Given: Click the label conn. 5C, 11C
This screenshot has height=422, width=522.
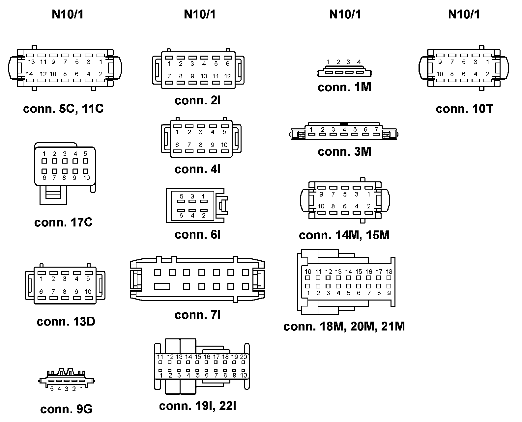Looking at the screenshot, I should click(x=63, y=109).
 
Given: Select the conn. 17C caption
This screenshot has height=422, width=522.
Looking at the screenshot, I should click(x=63, y=223).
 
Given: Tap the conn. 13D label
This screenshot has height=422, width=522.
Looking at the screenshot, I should click(x=66, y=322).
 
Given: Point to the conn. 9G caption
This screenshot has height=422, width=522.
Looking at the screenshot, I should click(x=66, y=409).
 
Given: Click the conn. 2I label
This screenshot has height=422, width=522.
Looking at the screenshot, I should click(x=198, y=100).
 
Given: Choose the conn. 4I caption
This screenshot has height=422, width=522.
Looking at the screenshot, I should click(x=198, y=169).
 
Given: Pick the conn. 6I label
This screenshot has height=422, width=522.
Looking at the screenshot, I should click(x=198, y=235).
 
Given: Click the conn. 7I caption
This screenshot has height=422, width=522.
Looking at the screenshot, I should click(x=198, y=315).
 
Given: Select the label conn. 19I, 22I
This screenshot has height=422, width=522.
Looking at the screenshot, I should click(x=198, y=406).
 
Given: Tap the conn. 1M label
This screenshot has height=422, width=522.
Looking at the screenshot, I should click(x=344, y=87).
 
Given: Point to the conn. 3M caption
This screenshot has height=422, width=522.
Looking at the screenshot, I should click(x=344, y=152).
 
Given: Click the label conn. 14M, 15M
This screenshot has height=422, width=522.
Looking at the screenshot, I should click(x=344, y=235).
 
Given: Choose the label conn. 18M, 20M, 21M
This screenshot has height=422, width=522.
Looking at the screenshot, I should click(x=344, y=326).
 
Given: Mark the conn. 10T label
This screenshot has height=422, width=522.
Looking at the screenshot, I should click(x=464, y=109).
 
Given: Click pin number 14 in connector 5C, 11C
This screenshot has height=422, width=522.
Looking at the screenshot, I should click(x=29, y=74).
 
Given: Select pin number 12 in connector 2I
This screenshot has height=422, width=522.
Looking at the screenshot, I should click(x=227, y=76).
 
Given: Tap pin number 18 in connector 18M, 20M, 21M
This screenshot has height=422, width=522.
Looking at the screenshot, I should click(x=389, y=272).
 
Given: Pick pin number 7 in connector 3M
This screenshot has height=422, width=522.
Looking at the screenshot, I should click(x=376, y=130).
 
